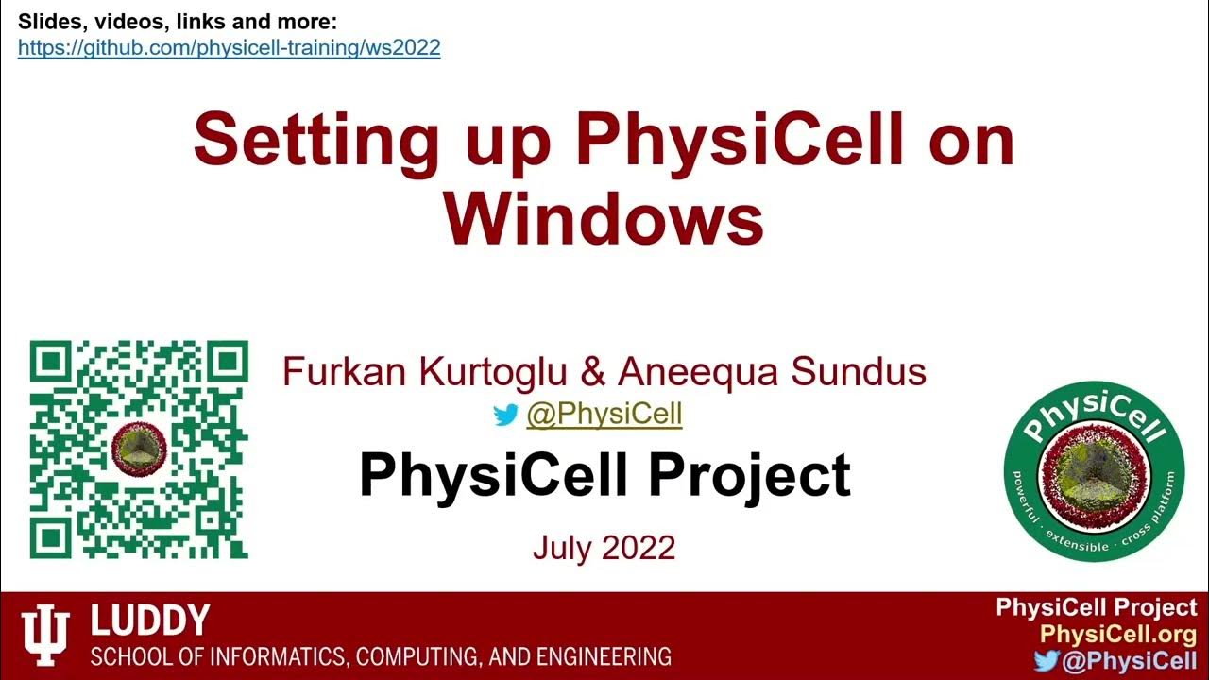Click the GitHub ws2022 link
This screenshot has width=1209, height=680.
tap(229, 47)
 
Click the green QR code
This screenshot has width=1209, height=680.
tap(139, 450)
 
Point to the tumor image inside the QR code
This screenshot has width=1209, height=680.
tap(139, 448)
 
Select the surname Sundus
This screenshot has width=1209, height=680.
tap(859, 372)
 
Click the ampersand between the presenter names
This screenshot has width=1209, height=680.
tap(593, 372)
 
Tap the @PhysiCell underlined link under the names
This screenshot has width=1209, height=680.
tap(604, 414)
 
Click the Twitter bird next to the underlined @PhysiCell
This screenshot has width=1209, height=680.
tap(506, 415)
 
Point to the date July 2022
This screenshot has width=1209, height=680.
tap(604, 548)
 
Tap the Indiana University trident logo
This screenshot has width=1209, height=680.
tap(45, 636)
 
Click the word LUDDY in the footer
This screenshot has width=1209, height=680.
tap(149, 621)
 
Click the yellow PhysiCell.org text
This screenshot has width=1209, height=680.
tap(1117, 635)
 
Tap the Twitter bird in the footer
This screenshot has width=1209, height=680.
tap(1045, 660)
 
